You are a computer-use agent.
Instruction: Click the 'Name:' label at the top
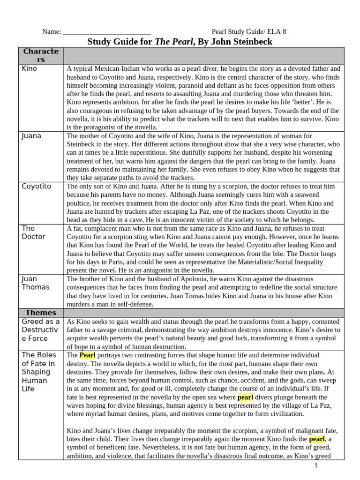tap(52, 32)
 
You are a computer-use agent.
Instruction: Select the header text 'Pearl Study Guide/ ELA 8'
tap(248, 32)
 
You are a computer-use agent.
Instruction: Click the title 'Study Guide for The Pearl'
tap(180, 42)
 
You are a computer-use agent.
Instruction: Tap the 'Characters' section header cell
tap(41, 55)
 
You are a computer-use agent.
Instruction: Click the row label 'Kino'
tap(29, 68)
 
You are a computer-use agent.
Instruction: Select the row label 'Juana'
tap(31, 136)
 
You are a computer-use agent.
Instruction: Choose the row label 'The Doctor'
tap(33, 232)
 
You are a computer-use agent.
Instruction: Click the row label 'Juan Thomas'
tap(35, 283)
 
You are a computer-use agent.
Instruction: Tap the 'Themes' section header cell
tap(41, 313)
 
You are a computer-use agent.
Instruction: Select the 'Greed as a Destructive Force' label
tap(41, 330)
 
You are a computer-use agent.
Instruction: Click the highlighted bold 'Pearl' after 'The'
tap(87, 355)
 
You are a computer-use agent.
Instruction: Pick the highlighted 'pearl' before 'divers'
tap(245, 397)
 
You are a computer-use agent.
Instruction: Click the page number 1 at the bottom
tap(316, 465)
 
